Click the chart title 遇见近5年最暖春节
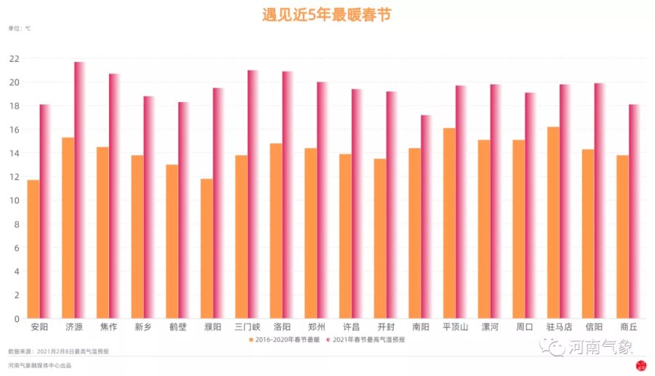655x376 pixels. coord(326,15)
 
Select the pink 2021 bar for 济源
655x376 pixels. coord(79,189)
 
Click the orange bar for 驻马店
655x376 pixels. coord(554,222)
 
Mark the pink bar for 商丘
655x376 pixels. coord(634,211)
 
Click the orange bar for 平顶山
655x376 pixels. coord(450,223)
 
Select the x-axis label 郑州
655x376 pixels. coord(317,327)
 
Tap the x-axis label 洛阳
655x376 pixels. coord(282,327)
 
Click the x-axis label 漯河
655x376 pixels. coord(490,327)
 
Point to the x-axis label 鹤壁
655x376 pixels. coord(178,327)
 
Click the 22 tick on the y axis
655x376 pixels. coord(15,58)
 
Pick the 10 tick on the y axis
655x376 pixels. coord(15,200)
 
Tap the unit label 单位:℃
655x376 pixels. coord(20,29)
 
